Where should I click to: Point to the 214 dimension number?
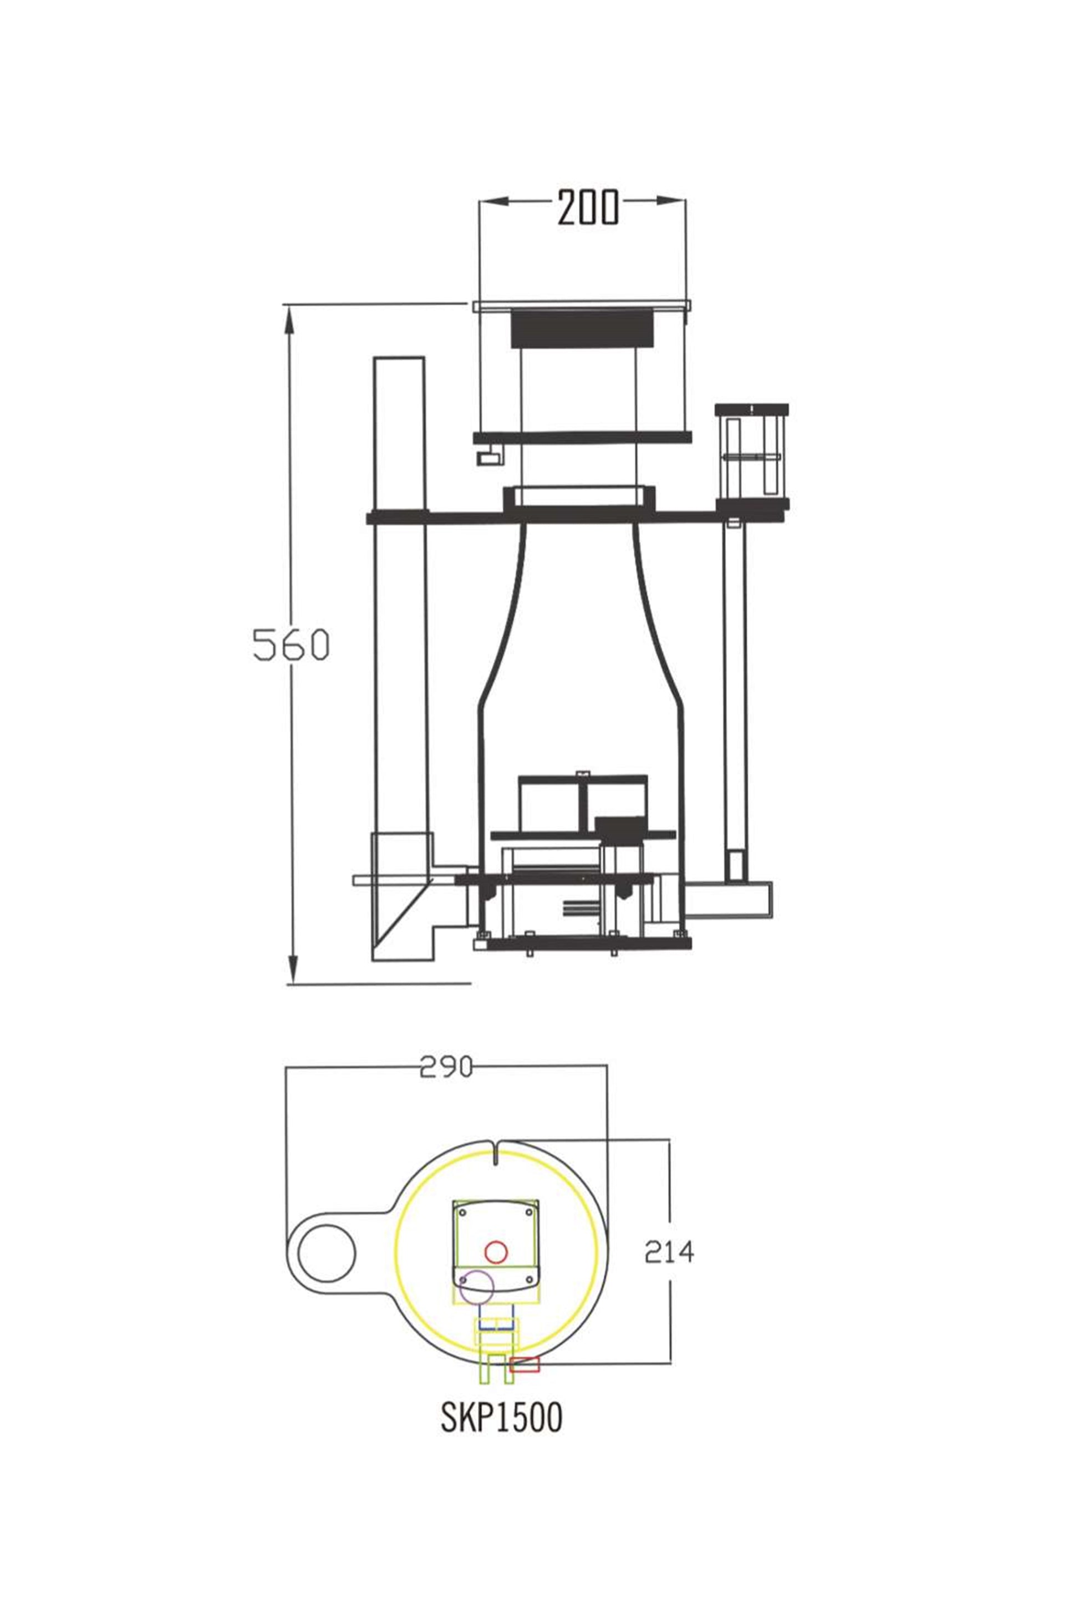669,1251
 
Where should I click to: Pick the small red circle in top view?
496,1251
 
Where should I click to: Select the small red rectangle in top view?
525,1364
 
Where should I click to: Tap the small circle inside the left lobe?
327,1253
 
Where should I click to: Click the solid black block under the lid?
582,328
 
